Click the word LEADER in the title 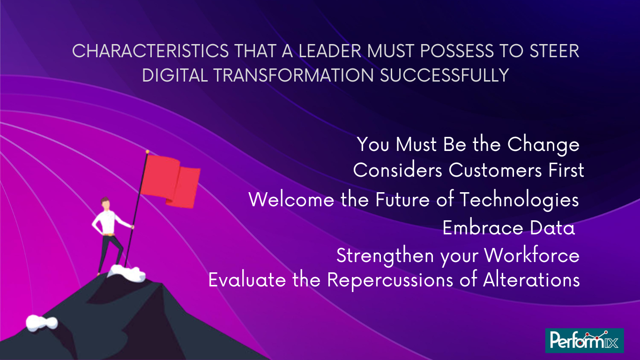pyautogui.click(x=330, y=51)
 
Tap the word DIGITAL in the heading pyautogui.click(x=175, y=75)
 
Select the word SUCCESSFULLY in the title pyautogui.click(x=445, y=75)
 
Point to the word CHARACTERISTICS pyautogui.click(x=150, y=51)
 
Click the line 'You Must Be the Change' pyautogui.click(x=468, y=145)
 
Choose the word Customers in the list pyautogui.click(x=495, y=170)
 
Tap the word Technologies pyautogui.click(x=520, y=200)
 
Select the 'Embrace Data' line pyautogui.click(x=508, y=228)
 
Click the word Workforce pyautogui.click(x=532, y=255)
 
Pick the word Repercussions pyautogui.click(x=390, y=280)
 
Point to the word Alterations pyautogui.click(x=531, y=280)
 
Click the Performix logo pyautogui.click(x=584, y=341)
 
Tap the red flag pyautogui.click(x=171, y=181)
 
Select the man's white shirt pyautogui.click(x=109, y=223)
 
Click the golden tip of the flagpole pyautogui.click(x=148, y=152)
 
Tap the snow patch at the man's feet pyautogui.click(x=128, y=273)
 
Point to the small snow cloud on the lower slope pyautogui.click(x=42, y=323)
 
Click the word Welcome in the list pyautogui.click(x=291, y=200)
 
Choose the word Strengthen pyautogui.click(x=385, y=255)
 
